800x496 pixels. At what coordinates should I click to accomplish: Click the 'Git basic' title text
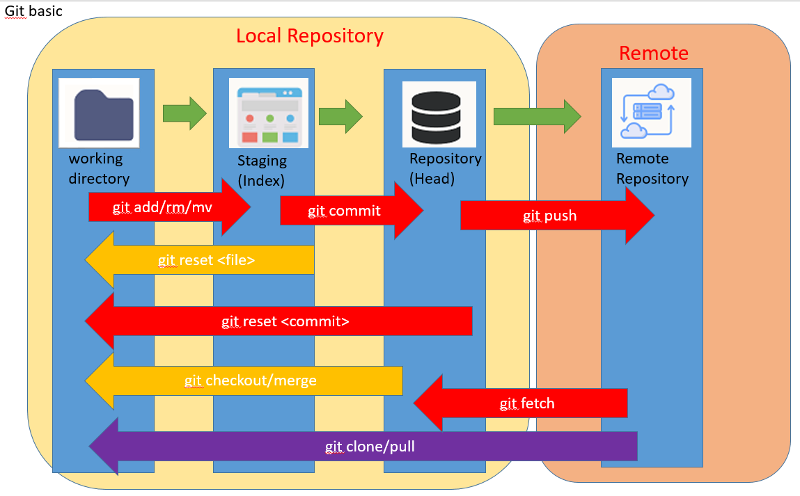click(x=33, y=11)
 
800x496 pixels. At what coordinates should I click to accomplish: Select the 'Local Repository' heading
click(x=309, y=36)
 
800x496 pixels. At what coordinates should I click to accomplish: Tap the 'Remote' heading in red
click(x=653, y=54)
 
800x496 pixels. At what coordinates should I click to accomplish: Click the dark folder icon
click(x=99, y=112)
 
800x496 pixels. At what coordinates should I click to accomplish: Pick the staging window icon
click(x=269, y=113)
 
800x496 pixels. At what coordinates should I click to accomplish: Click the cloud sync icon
click(x=651, y=113)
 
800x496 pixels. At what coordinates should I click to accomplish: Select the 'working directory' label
click(x=98, y=168)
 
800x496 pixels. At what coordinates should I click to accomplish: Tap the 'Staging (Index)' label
click(x=262, y=170)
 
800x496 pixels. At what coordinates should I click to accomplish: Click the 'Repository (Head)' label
click(x=445, y=168)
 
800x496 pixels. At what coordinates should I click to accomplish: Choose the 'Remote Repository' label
click(x=652, y=168)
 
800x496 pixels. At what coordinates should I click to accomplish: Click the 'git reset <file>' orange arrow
click(x=205, y=260)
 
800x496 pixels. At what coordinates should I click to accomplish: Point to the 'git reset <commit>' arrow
click(x=285, y=321)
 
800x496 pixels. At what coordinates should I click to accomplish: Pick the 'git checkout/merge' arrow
click(x=250, y=381)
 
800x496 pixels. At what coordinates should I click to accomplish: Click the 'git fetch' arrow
click(x=527, y=403)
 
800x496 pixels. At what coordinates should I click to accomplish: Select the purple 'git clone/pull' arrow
click(x=370, y=446)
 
